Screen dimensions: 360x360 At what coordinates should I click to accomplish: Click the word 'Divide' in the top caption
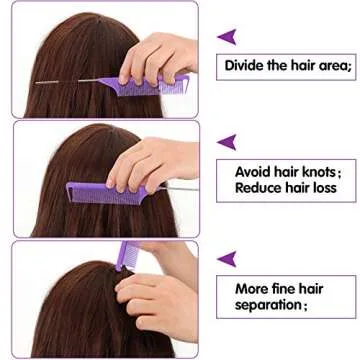(x=245, y=66)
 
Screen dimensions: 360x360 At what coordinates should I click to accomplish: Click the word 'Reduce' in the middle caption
(x=259, y=187)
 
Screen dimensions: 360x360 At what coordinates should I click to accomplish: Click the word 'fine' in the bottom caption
(x=289, y=289)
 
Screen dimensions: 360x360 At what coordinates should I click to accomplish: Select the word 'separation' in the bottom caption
(x=267, y=305)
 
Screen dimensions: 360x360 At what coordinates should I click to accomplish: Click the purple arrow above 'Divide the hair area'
(x=227, y=37)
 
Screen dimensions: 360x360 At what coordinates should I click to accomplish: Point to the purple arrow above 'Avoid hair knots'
(x=227, y=142)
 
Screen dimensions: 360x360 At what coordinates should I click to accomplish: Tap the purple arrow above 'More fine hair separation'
(x=227, y=259)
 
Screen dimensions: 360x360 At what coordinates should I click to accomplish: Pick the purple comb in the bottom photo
(x=129, y=256)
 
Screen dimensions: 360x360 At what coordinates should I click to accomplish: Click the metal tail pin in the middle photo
(x=175, y=187)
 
